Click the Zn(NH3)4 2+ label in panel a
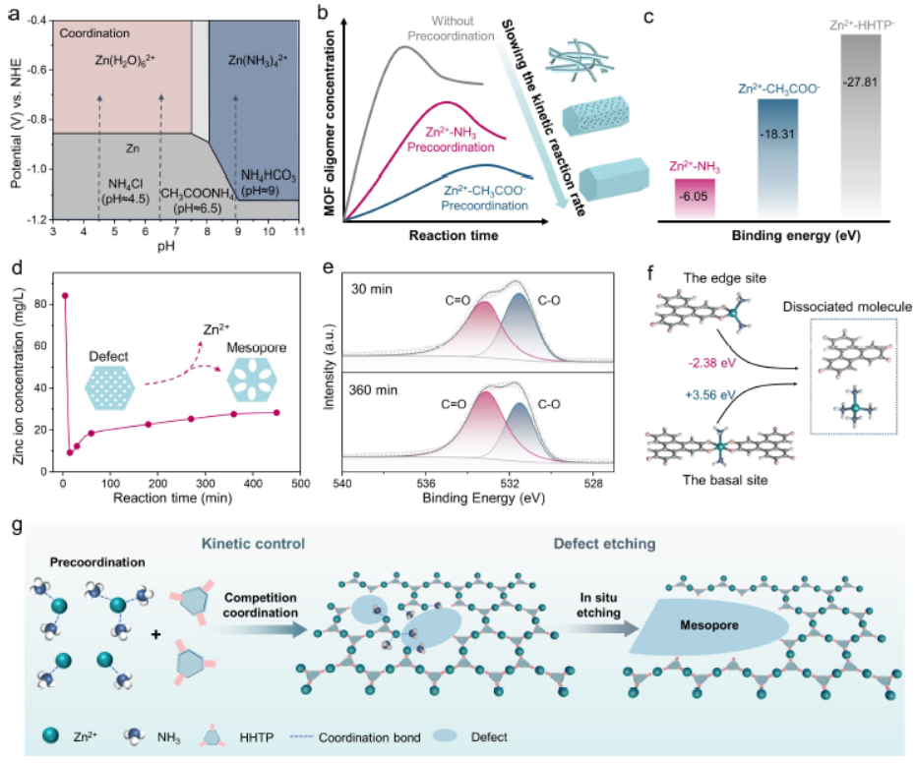258,60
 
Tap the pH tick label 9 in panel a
238,232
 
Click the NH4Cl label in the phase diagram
126,185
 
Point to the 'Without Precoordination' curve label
451,29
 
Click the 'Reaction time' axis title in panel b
454,236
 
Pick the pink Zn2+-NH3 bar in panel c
695,199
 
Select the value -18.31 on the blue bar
777,135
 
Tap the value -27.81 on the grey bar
861,83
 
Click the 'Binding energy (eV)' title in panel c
796,236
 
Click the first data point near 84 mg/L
65,296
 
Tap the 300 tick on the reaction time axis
206,483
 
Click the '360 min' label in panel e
373,390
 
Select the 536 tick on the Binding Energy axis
426,483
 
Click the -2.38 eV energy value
712,363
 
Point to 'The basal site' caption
725,481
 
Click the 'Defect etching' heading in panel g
605,544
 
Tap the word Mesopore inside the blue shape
709,625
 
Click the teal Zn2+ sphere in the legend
51,735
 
